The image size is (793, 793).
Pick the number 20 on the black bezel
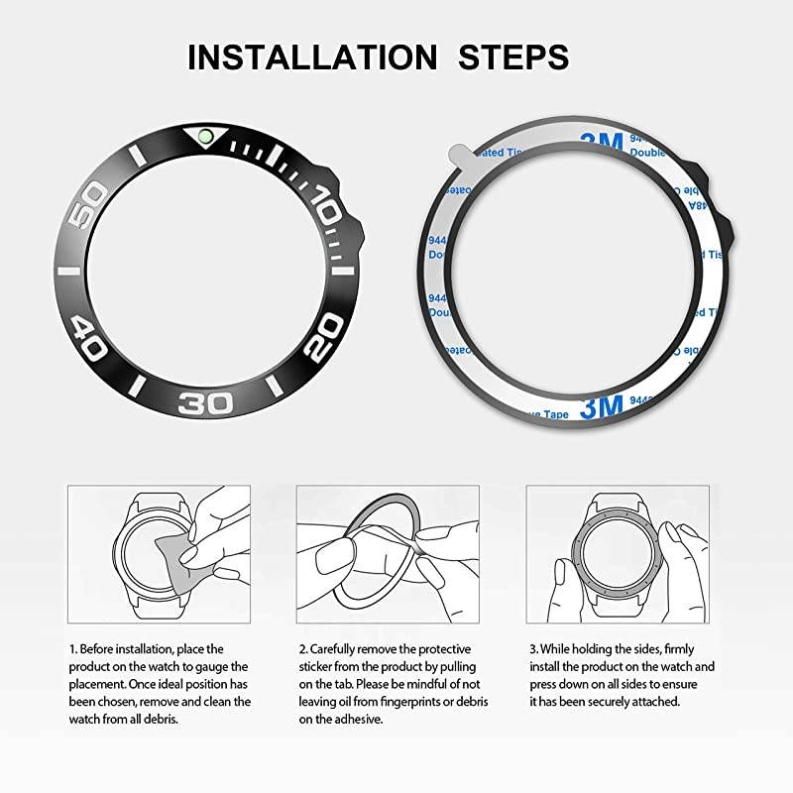pos(326,348)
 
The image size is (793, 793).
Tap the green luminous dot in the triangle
pos(206,135)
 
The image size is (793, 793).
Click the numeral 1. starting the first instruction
pos(72,648)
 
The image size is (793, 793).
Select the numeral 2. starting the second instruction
pos(301,648)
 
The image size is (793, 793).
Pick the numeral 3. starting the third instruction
pos(531,648)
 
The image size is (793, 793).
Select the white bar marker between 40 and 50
pos(68,270)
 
